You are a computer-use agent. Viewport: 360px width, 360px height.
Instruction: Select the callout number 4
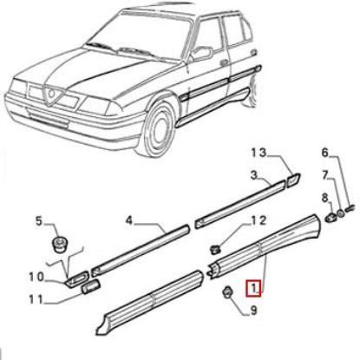pos(128,221)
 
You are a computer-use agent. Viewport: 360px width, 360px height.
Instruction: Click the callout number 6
pos(325,178)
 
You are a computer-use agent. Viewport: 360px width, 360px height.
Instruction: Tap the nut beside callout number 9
pos(226,292)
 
